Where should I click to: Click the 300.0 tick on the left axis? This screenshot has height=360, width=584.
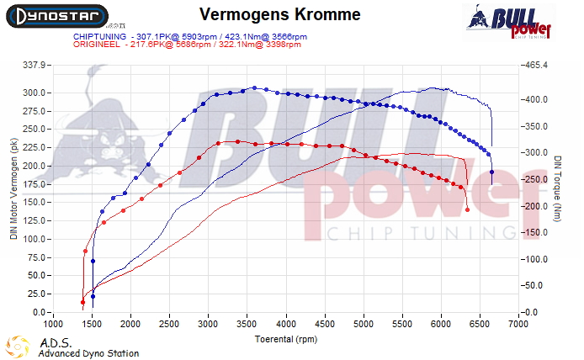37,93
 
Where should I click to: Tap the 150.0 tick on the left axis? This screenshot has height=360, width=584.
37,203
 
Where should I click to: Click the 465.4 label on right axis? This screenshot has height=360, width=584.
538,65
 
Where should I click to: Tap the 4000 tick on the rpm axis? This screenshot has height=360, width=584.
286,323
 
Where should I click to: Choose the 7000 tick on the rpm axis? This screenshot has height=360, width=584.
518,323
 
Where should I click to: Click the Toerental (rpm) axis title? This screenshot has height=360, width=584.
286,340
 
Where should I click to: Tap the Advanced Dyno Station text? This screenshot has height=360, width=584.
88,353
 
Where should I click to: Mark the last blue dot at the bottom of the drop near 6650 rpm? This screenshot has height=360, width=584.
491,172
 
